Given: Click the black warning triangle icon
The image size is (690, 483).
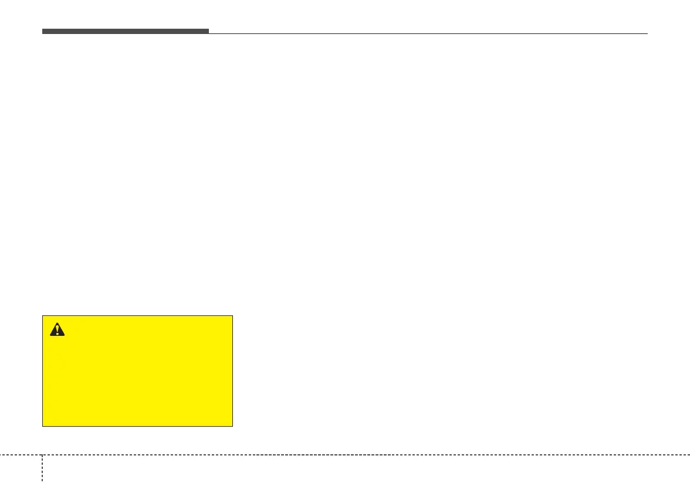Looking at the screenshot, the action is click(57, 330).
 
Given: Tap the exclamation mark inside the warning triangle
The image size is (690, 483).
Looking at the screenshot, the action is click(57, 331).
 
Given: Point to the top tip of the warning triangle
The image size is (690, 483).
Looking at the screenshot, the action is click(57, 324).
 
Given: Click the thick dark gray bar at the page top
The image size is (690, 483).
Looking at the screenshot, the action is click(125, 31).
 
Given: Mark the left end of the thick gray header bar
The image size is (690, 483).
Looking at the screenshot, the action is click(43, 31).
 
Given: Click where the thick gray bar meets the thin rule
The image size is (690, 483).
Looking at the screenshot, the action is click(208, 33).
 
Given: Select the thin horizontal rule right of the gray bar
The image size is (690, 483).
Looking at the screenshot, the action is click(428, 33).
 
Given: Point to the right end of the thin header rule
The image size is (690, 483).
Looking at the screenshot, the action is click(647, 33).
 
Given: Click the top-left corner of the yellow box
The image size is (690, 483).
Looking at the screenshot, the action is click(43, 316).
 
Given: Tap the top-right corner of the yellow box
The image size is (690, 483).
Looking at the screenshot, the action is click(233, 316).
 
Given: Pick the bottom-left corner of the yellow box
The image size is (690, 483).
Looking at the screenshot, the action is click(43, 426).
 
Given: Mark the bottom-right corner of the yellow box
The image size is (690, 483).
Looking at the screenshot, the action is click(233, 426).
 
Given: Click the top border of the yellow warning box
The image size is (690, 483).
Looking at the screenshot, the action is click(138, 316).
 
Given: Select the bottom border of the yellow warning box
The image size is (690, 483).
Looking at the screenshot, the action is click(138, 426).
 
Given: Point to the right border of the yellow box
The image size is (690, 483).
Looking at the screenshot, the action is click(233, 371).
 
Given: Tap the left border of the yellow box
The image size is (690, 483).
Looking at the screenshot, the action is click(43, 371).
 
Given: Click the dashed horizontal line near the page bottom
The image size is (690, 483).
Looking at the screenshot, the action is click(364, 455).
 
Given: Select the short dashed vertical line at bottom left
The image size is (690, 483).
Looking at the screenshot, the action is click(42, 469).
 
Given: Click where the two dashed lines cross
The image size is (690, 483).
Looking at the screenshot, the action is click(42, 455).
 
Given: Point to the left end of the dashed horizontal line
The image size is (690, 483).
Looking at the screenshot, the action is click(1, 455).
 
